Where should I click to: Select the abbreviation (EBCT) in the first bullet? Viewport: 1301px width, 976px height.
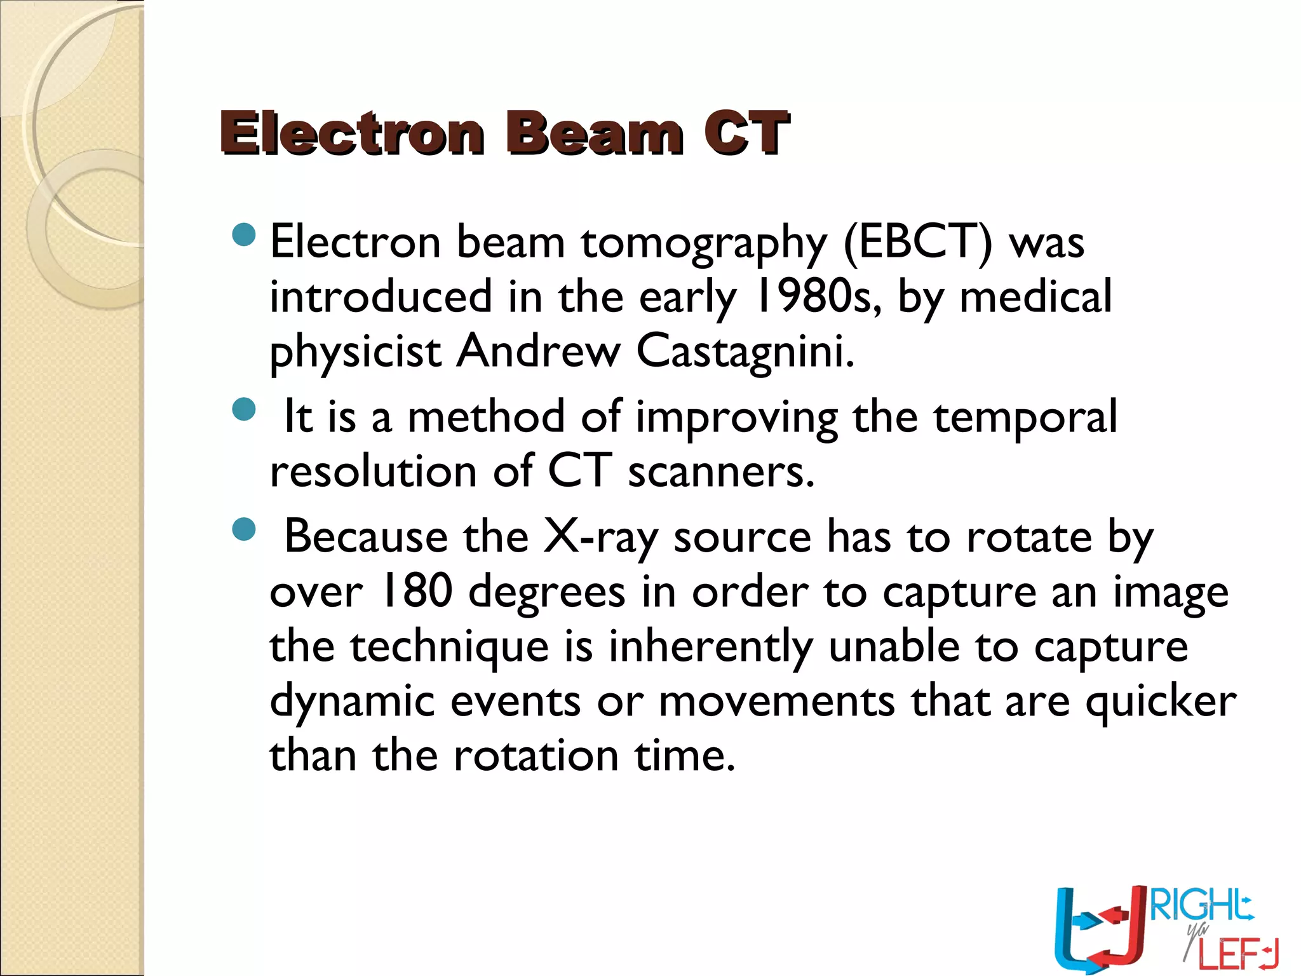tap(917, 243)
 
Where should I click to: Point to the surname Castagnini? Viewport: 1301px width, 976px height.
tap(745, 351)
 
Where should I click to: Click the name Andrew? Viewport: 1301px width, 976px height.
tap(537, 351)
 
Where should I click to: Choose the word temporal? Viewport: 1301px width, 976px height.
tap(1025, 417)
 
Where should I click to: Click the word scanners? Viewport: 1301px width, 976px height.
tap(721, 472)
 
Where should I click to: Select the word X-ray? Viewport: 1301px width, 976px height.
tap(600, 538)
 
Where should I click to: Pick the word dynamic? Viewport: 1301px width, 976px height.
tap(352, 703)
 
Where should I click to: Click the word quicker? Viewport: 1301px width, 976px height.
tap(1161, 703)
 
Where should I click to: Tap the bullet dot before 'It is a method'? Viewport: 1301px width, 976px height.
tap(244, 410)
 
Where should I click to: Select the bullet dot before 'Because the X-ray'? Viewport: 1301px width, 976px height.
tap(244, 529)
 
